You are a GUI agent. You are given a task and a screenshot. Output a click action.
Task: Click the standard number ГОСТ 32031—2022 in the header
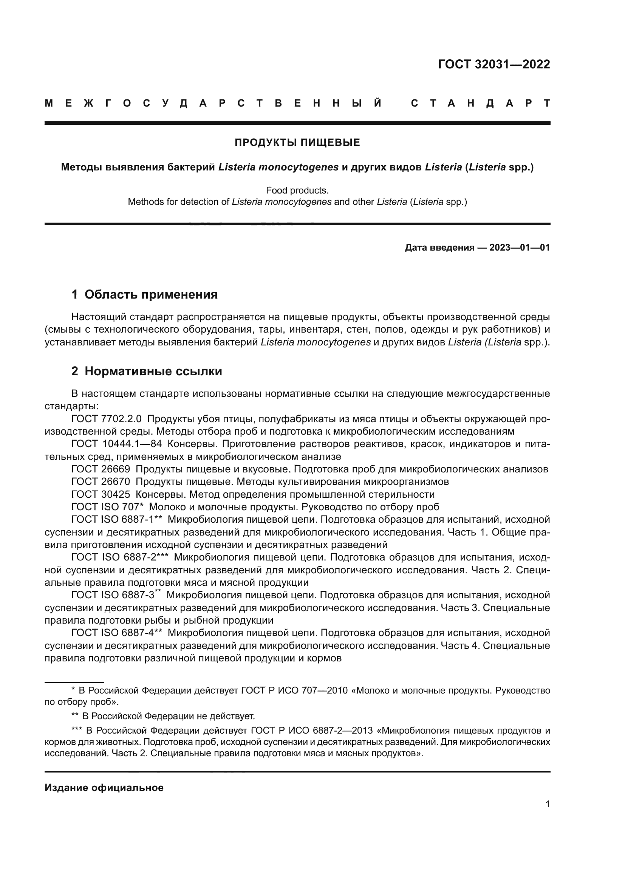tap(494, 64)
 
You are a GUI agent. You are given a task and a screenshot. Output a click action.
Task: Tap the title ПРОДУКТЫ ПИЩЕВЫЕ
tap(297, 143)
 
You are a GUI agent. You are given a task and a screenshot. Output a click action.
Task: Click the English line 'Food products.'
tap(297, 190)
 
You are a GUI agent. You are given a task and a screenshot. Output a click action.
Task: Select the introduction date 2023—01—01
tap(520, 248)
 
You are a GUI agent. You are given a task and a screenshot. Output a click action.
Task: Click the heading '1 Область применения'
tap(144, 294)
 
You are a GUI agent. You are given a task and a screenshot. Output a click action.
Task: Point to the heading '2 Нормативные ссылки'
tap(147, 371)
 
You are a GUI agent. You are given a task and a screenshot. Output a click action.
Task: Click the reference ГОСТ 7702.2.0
tap(107, 418)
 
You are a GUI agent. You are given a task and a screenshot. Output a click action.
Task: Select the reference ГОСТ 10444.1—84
tap(117, 444)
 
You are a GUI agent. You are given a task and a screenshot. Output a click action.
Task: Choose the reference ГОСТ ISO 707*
tap(107, 507)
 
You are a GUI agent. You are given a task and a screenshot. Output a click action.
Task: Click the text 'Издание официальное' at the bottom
tap(104, 788)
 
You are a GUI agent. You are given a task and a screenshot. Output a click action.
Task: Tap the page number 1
tap(547, 804)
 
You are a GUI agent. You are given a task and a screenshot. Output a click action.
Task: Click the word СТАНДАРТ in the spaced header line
tap(480, 103)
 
